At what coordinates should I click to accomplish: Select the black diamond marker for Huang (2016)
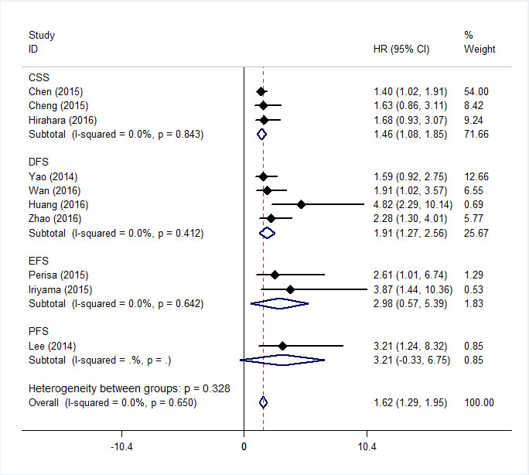click(x=301, y=204)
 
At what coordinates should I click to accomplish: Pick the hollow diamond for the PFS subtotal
click(x=283, y=360)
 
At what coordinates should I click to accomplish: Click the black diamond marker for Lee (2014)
click(x=282, y=345)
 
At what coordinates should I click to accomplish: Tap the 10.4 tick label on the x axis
click(x=367, y=447)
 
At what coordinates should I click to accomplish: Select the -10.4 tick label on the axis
click(x=122, y=447)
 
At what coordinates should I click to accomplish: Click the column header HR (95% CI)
click(x=401, y=50)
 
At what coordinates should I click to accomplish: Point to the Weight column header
click(x=480, y=50)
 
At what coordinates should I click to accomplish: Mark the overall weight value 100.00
click(x=479, y=402)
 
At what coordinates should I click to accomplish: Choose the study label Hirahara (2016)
click(x=61, y=120)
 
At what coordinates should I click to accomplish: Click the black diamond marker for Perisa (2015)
click(x=275, y=275)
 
